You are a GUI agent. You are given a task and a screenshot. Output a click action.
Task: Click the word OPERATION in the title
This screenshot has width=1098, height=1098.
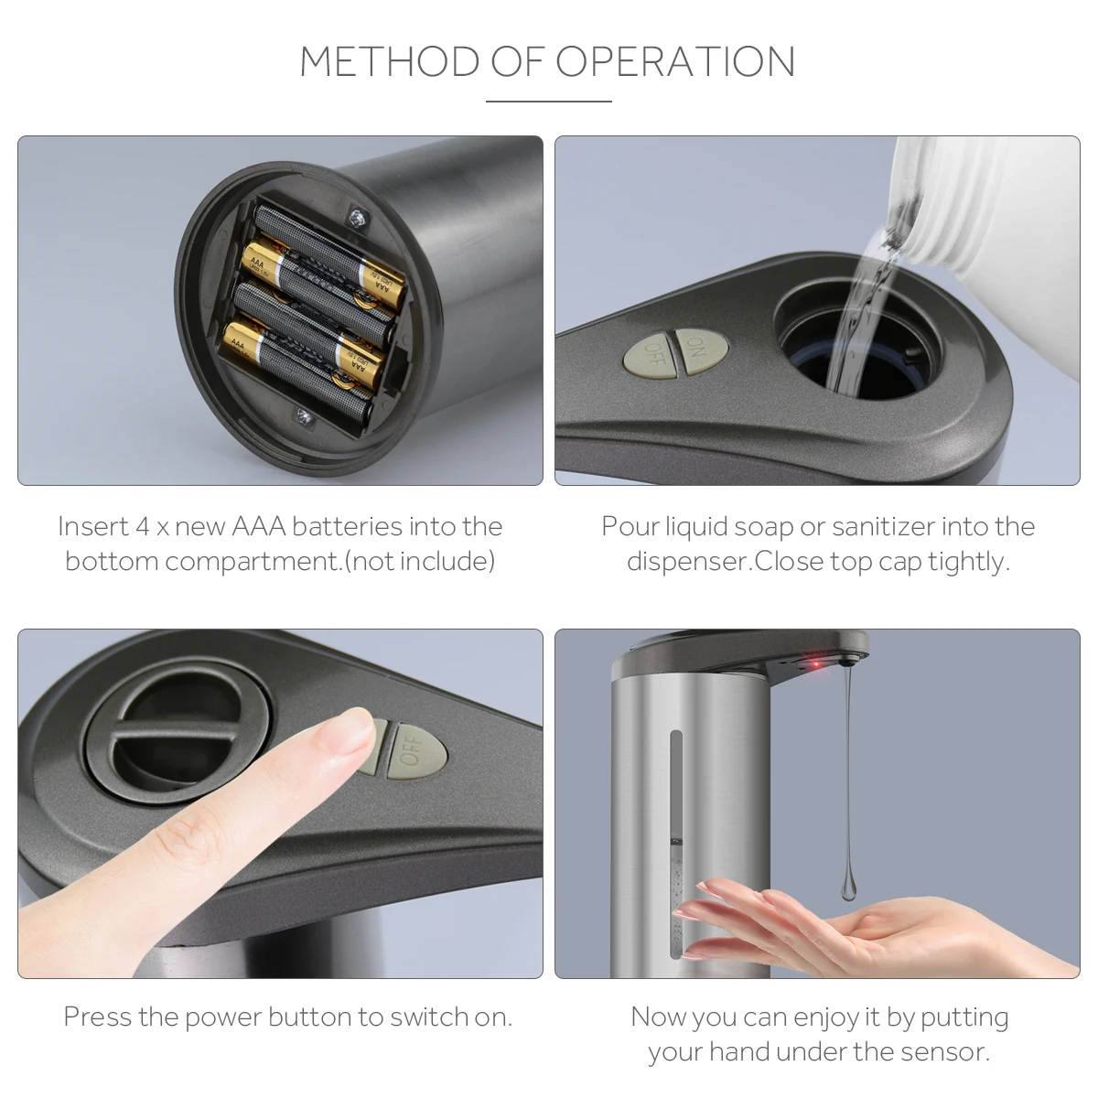(675, 61)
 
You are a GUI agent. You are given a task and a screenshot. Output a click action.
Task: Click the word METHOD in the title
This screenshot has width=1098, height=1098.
(389, 61)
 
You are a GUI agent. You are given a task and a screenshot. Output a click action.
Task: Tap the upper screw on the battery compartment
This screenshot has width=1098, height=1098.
(359, 217)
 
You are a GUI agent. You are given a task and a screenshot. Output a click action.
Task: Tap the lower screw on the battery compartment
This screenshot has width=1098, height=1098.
(305, 417)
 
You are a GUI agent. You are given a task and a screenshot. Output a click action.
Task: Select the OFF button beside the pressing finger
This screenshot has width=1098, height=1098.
(416, 751)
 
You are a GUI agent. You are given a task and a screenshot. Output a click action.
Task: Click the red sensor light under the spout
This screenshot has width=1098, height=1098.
(816, 664)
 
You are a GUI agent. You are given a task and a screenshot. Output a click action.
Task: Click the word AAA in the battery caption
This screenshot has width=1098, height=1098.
(258, 526)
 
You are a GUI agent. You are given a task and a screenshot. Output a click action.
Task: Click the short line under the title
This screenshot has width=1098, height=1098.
(549, 102)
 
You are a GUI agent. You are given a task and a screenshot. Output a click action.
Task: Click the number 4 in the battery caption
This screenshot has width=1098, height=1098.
(142, 526)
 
